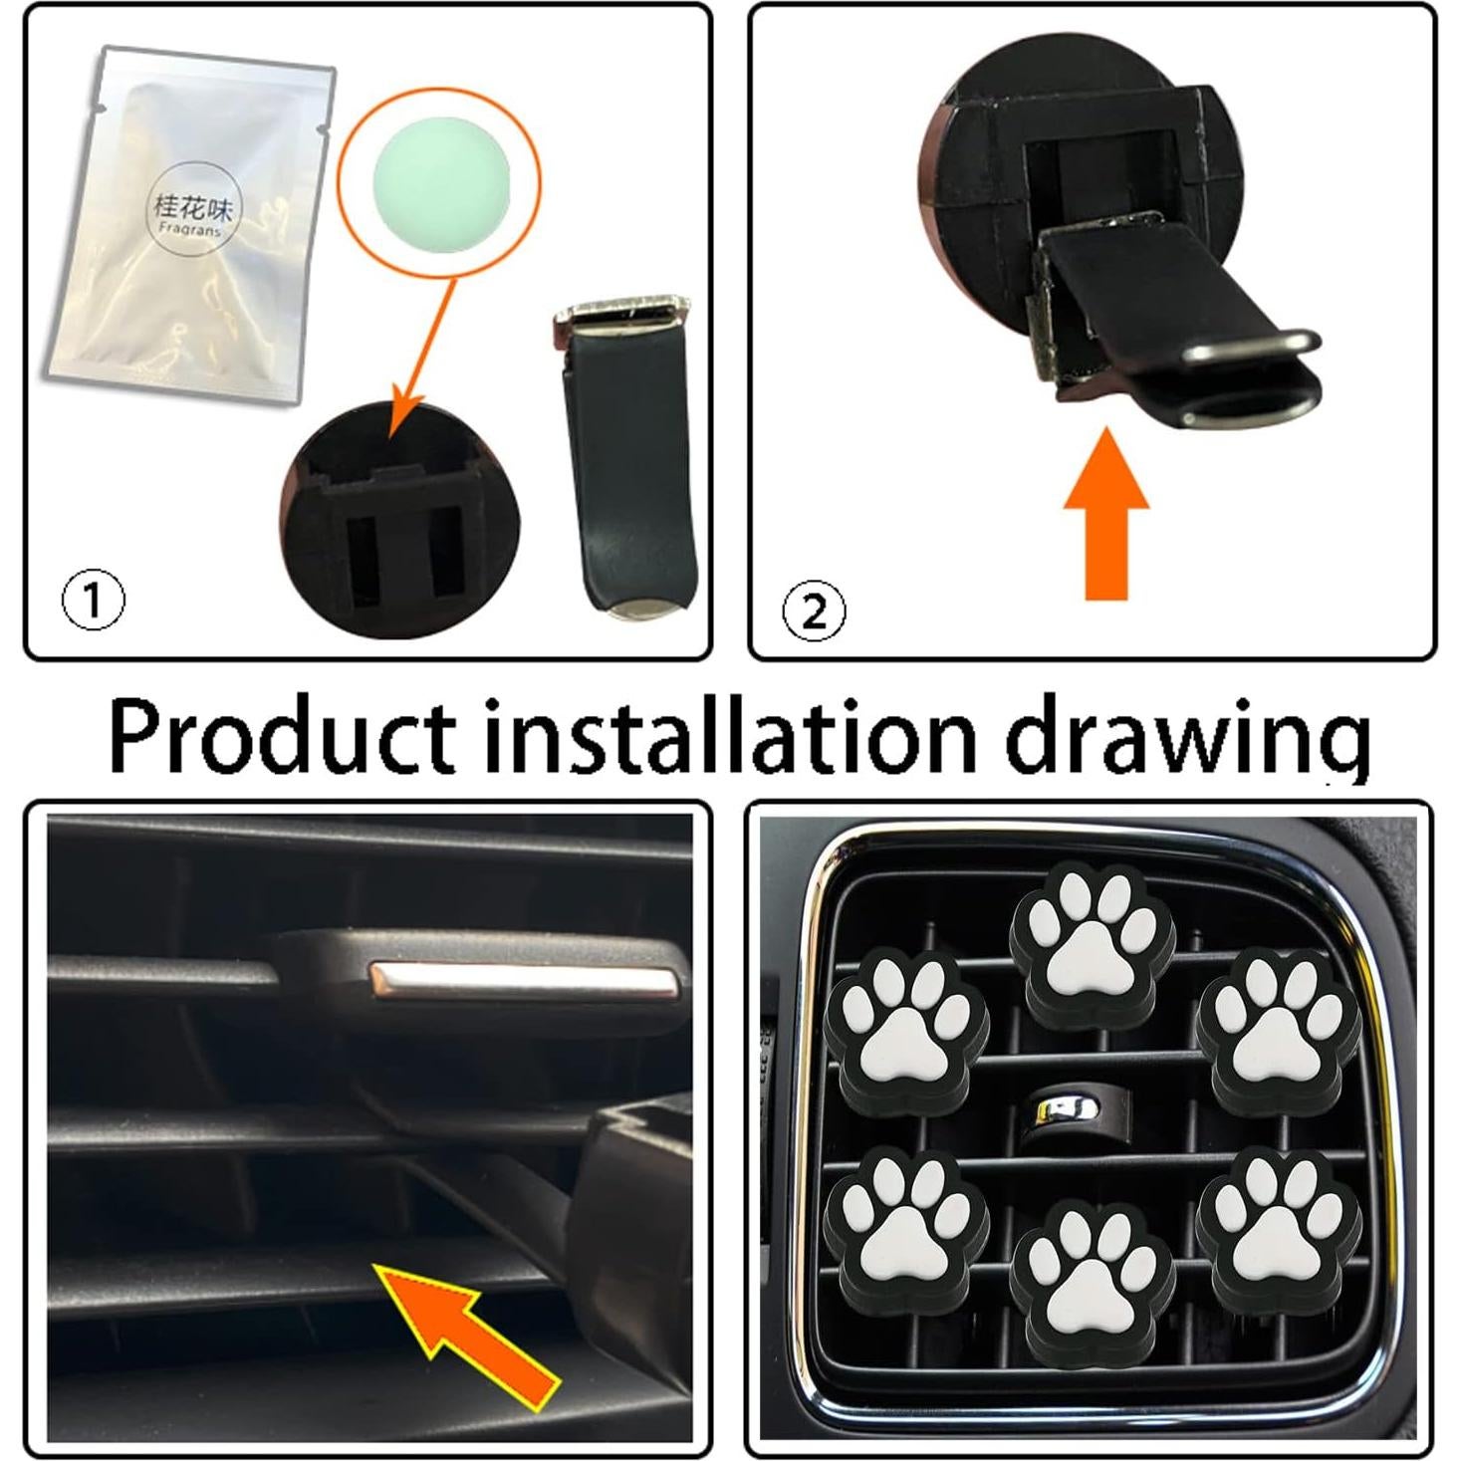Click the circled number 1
94,601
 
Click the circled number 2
814,610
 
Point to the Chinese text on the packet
192,206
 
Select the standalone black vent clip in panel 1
627,458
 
